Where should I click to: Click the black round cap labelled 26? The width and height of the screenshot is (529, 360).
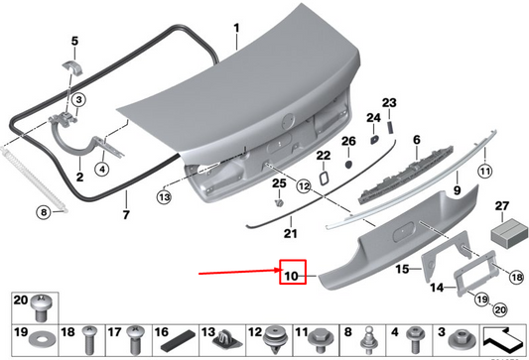(347, 161)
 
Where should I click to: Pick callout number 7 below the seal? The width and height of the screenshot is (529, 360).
(126, 214)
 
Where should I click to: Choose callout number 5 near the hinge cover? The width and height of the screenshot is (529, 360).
(72, 42)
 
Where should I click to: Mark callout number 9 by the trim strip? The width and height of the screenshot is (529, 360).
(457, 188)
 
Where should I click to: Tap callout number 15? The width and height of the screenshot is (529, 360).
(403, 269)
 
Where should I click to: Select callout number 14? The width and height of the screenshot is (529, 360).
(434, 288)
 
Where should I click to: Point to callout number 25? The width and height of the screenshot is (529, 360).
(279, 182)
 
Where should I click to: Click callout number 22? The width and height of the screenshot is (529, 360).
(324, 156)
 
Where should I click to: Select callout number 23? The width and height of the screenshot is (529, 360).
(389, 104)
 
